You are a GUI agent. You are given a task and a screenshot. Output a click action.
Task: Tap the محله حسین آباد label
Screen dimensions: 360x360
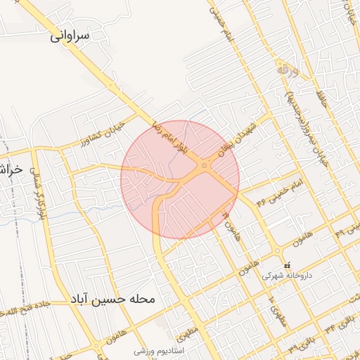[112, 300]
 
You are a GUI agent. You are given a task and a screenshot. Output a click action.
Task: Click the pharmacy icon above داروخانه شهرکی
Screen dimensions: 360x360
[286, 265]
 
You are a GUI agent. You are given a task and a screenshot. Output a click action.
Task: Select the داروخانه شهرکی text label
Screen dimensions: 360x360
[286, 276]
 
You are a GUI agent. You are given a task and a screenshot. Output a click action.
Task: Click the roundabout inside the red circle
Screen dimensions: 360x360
[204, 166]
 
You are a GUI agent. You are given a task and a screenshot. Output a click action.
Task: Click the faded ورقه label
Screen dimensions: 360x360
[283, 70]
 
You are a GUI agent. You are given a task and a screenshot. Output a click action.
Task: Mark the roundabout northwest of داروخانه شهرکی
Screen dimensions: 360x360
[278, 252]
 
